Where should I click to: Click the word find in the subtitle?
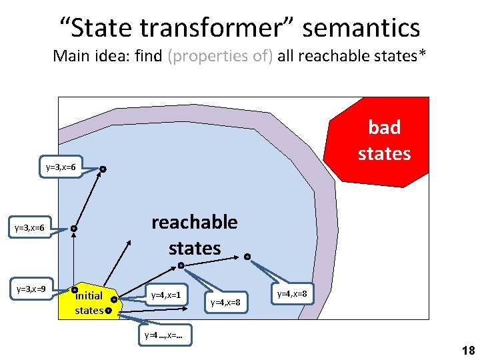pyautogui.click(x=149, y=56)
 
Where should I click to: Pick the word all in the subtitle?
pyautogui.click(x=286, y=56)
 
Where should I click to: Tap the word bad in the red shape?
pyautogui.click(x=385, y=127)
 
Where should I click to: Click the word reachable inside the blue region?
pyautogui.click(x=194, y=222)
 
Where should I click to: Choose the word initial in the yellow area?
pyautogui.click(x=89, y=295)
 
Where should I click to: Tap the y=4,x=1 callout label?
pyautogui.click(x=166, y=295)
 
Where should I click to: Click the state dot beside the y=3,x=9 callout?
pyautogui.click(x=75, y=289)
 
